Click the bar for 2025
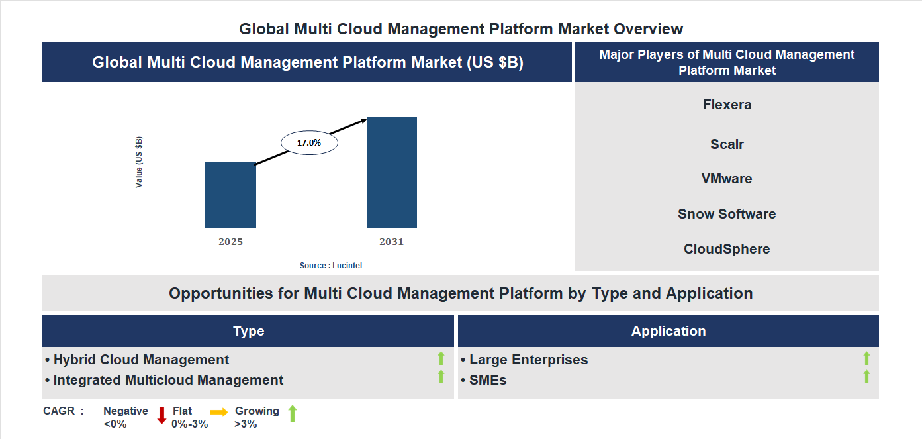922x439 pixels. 230,195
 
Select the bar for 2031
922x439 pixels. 392,173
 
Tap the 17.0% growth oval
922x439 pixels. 309,142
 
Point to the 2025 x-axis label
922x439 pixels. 230,242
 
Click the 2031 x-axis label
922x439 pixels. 391,242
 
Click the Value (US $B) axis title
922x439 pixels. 139,162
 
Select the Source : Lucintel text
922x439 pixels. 331,265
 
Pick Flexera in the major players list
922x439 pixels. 727,105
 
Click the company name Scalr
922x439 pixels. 727,144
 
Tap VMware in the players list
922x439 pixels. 727,179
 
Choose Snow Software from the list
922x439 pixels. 727,214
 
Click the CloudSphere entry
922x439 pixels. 727,249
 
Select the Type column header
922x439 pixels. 248,331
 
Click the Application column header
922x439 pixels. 668,331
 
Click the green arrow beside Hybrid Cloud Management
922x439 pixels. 441,359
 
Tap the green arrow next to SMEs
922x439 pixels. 866,377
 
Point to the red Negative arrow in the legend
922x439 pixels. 161,415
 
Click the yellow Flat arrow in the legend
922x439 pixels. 219,412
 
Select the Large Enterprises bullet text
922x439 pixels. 528,360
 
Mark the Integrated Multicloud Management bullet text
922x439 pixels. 168,380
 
